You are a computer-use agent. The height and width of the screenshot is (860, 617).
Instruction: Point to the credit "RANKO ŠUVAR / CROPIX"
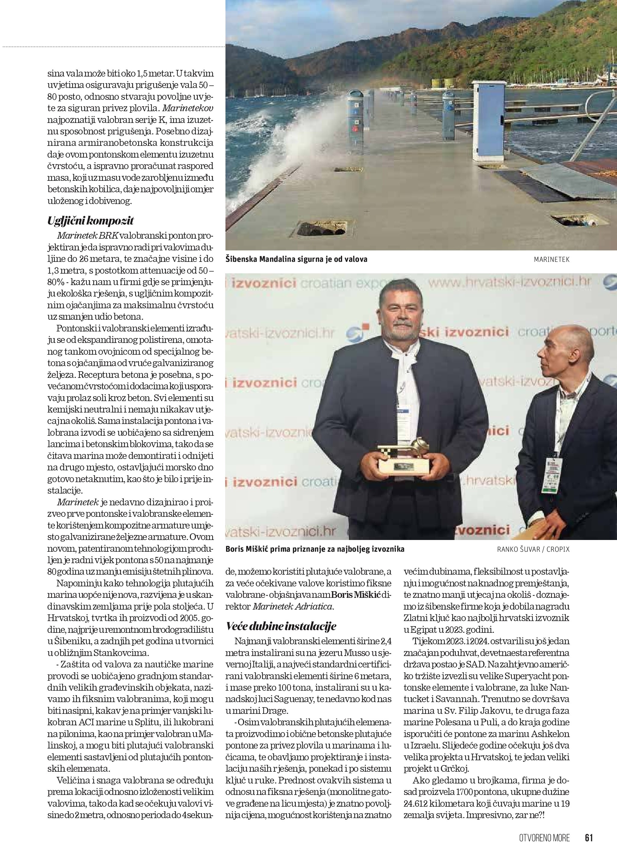(x=533, y=549)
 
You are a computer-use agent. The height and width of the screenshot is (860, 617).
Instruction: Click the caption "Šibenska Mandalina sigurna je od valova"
(x=296, y=260)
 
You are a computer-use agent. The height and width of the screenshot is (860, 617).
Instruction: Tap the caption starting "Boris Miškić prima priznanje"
(x=315, y=549)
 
